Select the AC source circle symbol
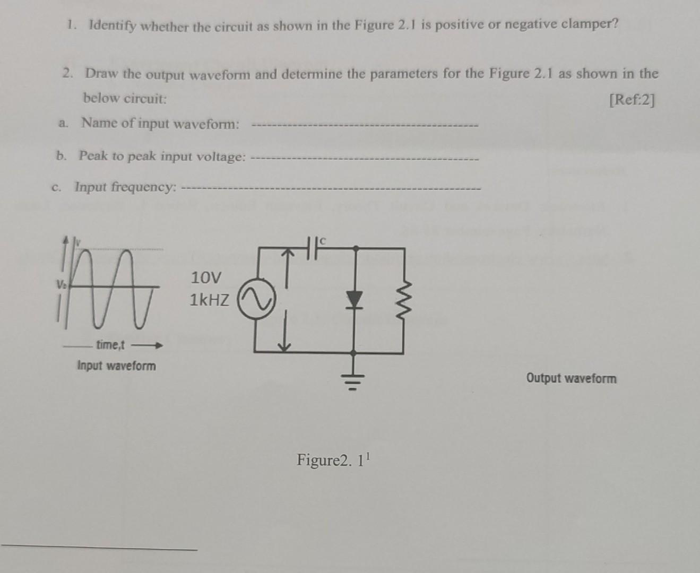[257, 300]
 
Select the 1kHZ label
[210, 300]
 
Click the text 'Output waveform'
[571, 378]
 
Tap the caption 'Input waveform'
[117, 366]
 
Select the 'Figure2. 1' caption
[332, 459]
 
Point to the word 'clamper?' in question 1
[591, 24]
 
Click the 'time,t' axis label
[110, 345]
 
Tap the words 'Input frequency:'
[125, 187]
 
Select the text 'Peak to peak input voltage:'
[162, 156]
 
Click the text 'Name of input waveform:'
[160, 124]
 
